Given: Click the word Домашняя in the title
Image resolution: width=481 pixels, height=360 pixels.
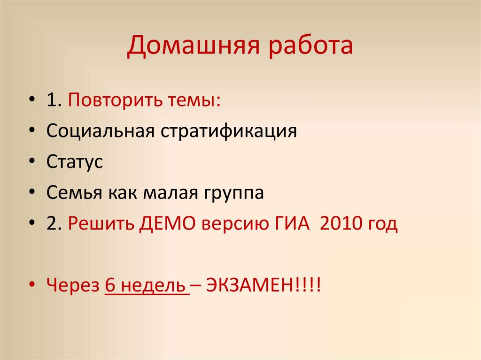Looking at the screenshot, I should [x=191, y=48].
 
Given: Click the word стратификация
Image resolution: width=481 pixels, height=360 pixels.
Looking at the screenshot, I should [x=229, y=131].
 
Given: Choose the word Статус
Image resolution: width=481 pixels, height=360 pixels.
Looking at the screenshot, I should [x=75, y=162].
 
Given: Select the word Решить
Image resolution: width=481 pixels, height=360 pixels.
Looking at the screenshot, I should [x=101, y=224].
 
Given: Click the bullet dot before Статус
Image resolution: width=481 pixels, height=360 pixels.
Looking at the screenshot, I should [x=31, y=162].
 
